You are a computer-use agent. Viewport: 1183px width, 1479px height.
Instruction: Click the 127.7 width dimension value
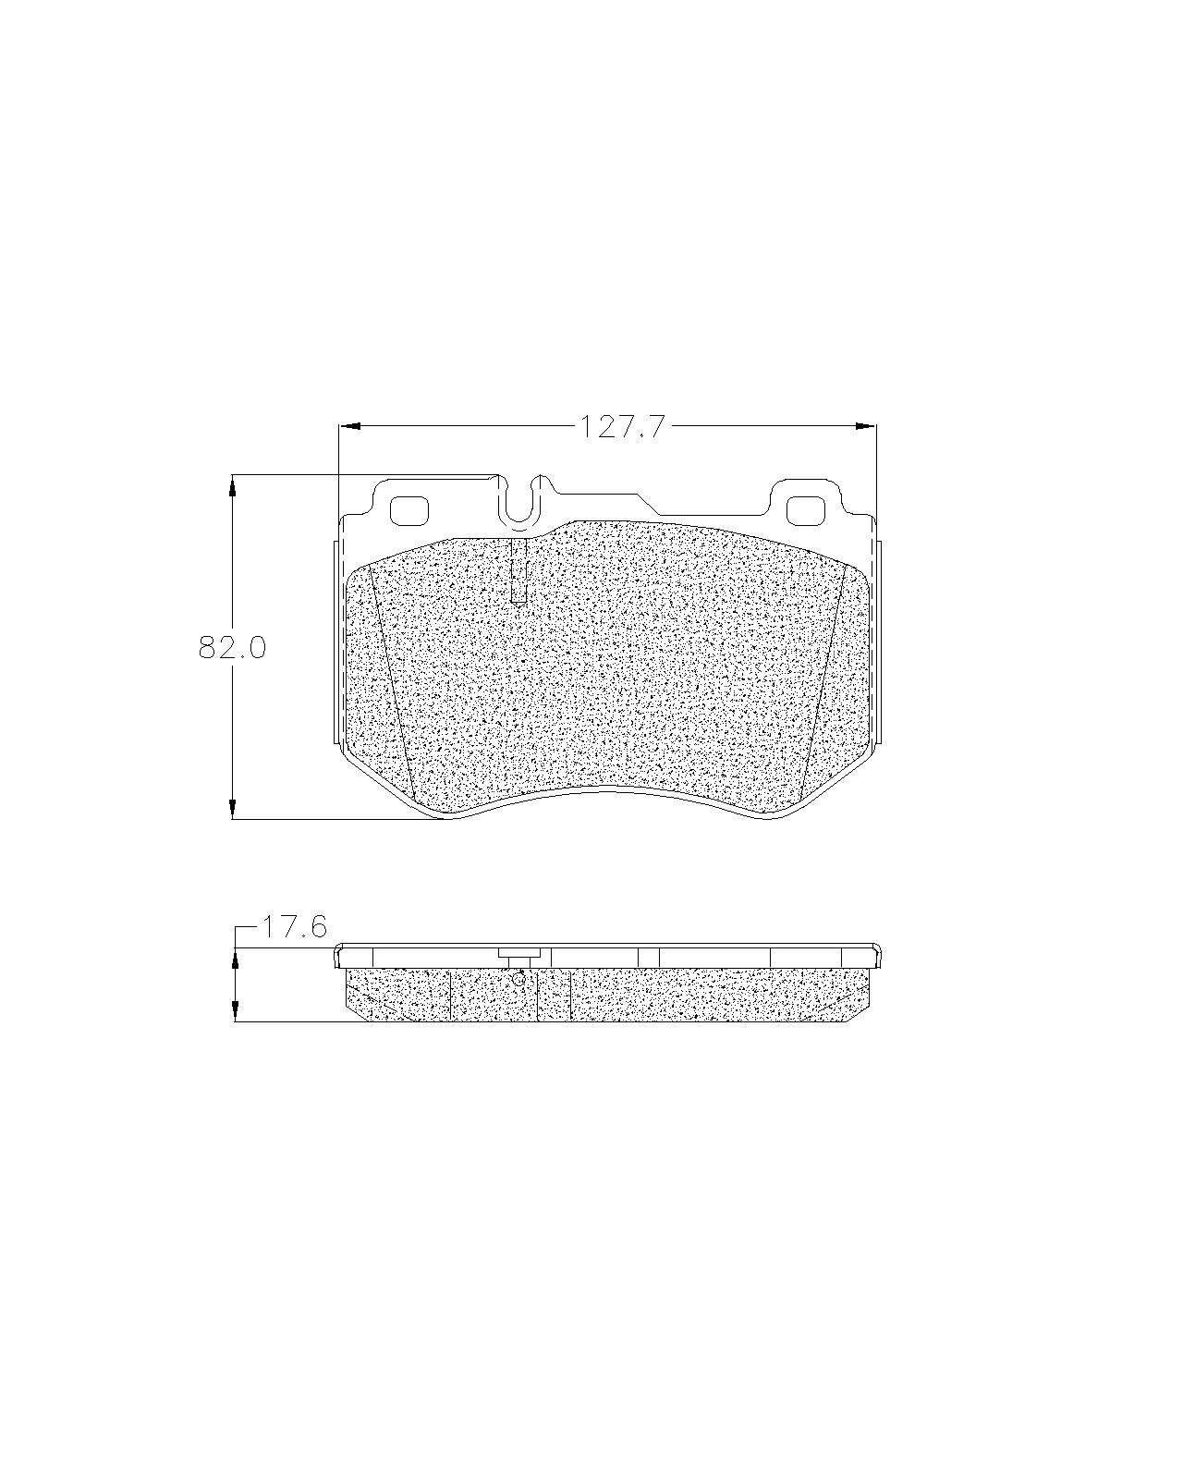click(623, 427)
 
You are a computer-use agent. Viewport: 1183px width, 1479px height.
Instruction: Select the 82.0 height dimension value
click(232, 648)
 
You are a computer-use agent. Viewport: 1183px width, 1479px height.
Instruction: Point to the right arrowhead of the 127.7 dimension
click(865, 427)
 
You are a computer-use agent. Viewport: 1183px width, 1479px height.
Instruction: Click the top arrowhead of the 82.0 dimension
click(232, 484)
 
